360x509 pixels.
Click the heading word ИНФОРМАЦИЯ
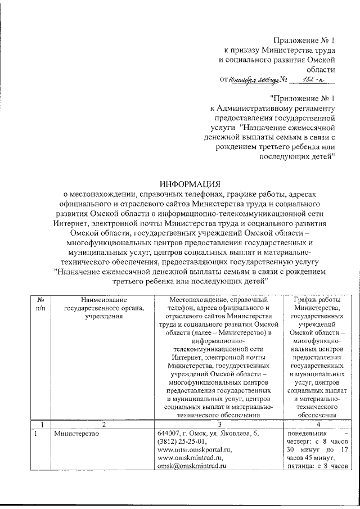click(190, 184)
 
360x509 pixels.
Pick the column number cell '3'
click(219, 424)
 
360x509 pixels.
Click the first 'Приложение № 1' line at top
click(304, 40)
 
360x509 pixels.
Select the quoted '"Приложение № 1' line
click(302, 97)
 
